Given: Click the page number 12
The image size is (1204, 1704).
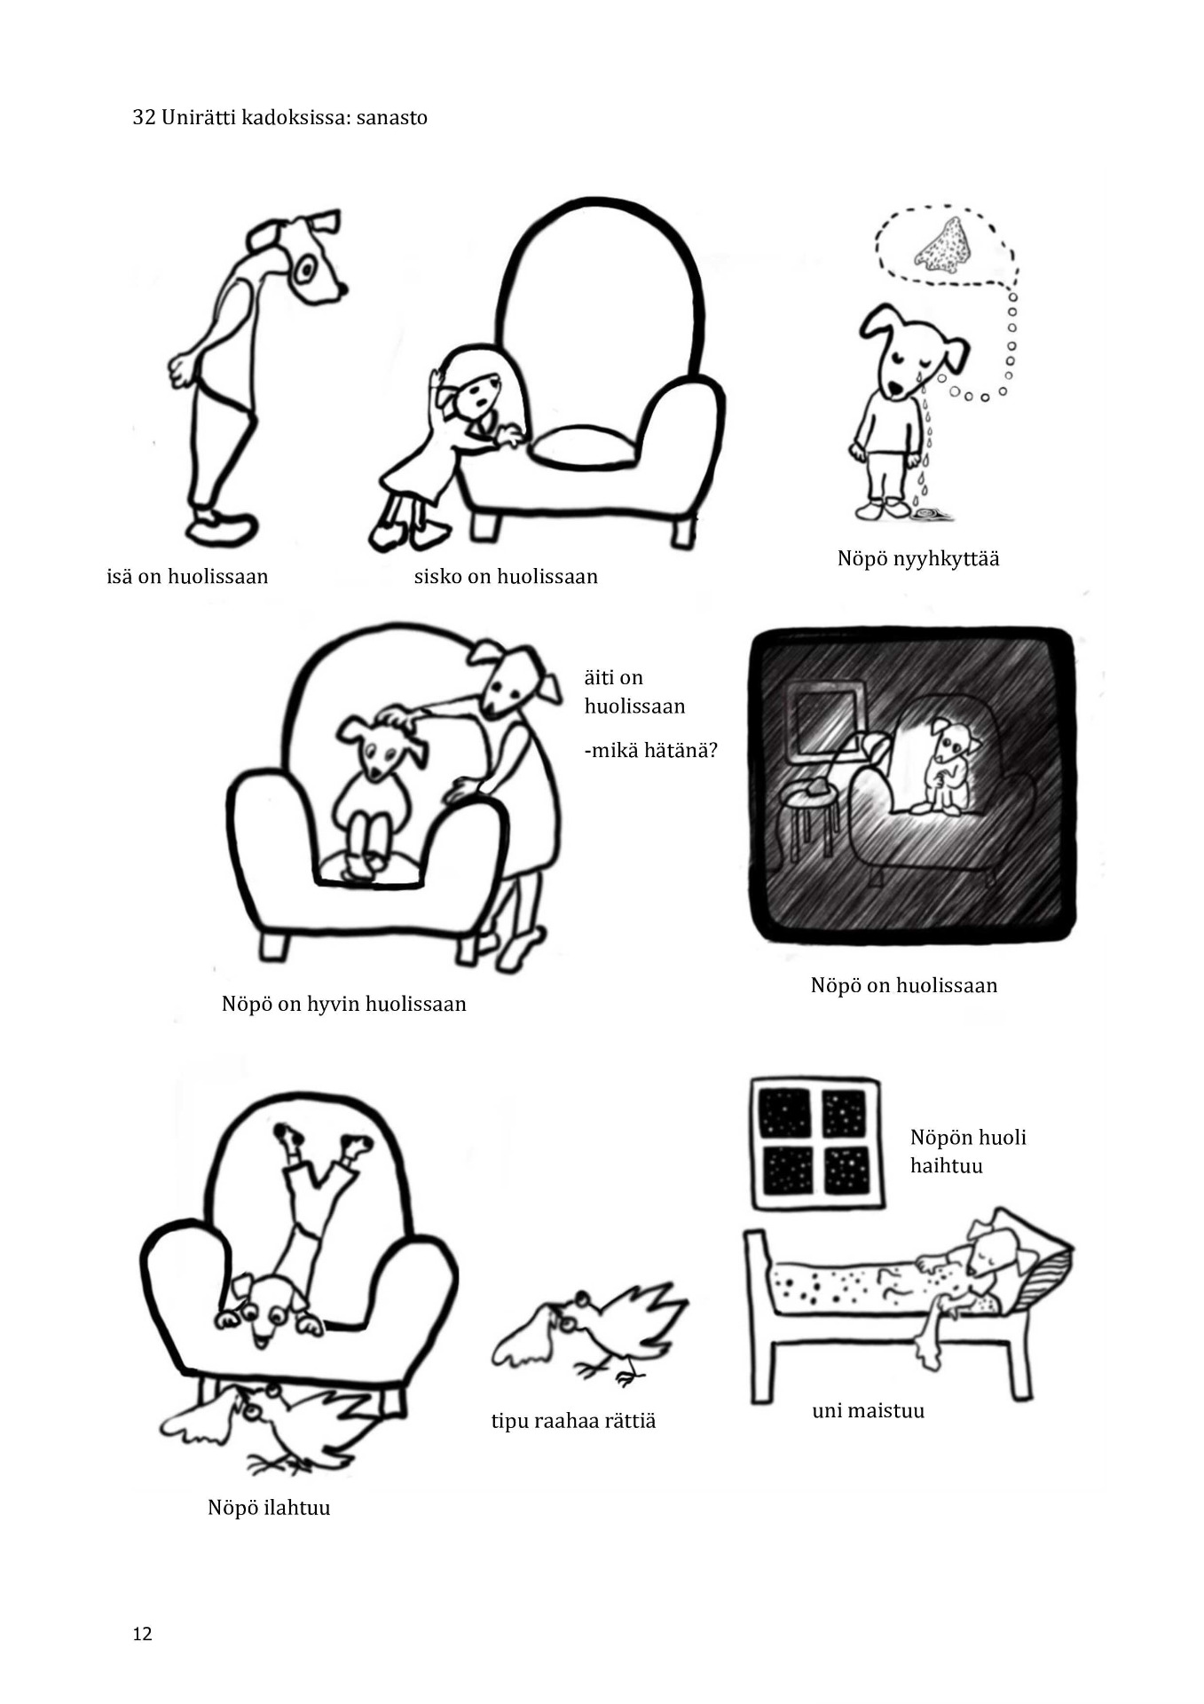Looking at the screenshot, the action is click(x=142, y=1634).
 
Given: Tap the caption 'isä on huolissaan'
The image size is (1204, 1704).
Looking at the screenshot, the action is click(x=187, y=576).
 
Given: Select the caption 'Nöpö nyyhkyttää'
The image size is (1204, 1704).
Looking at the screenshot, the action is click(x=918, y=559).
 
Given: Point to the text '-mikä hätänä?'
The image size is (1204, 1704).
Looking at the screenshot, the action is click(x=650, y=750).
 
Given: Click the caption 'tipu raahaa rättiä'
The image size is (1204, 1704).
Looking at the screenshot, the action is click(x=573, y=1421).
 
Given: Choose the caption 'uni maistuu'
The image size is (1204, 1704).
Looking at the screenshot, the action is click(x=868, y=1410).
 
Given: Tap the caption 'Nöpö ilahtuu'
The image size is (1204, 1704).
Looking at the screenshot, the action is click(x=269, y=1508).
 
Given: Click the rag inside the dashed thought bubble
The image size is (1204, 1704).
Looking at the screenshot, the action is click(x=943, y=246).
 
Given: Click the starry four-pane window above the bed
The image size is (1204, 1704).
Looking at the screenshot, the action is click(x=817, y=1143).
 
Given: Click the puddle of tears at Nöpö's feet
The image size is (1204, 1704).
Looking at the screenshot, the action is click(x=932, y=513).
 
